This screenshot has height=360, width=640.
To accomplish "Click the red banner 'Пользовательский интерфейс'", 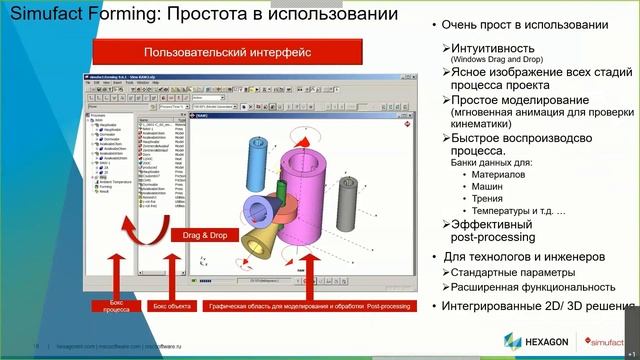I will [x=214, y=51].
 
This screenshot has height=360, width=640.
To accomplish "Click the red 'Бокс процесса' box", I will [x=116, y=305].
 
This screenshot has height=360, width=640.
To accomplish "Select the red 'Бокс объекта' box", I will [x=170, y=305].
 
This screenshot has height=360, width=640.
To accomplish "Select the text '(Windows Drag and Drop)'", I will [x=493, y=60].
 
